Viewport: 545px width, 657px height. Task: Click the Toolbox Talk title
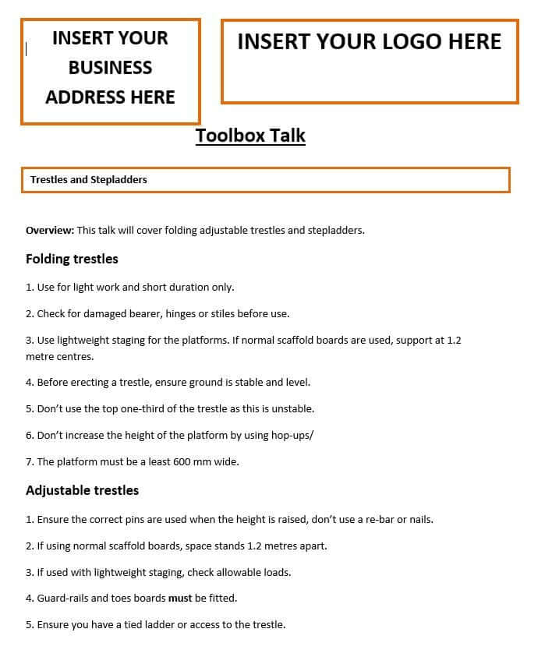coord(250,136)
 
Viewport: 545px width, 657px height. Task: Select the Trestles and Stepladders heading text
coord(89,179)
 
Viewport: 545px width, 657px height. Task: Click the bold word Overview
coord(50,230)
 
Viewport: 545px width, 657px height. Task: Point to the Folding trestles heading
coord(72,259)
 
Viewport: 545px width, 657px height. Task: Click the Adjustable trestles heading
coord(82,490)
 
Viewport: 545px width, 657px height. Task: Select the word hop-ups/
coord(291,435)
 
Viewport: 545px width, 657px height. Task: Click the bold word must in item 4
coord(180,598)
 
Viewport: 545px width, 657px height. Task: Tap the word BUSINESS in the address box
coord(110,68)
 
